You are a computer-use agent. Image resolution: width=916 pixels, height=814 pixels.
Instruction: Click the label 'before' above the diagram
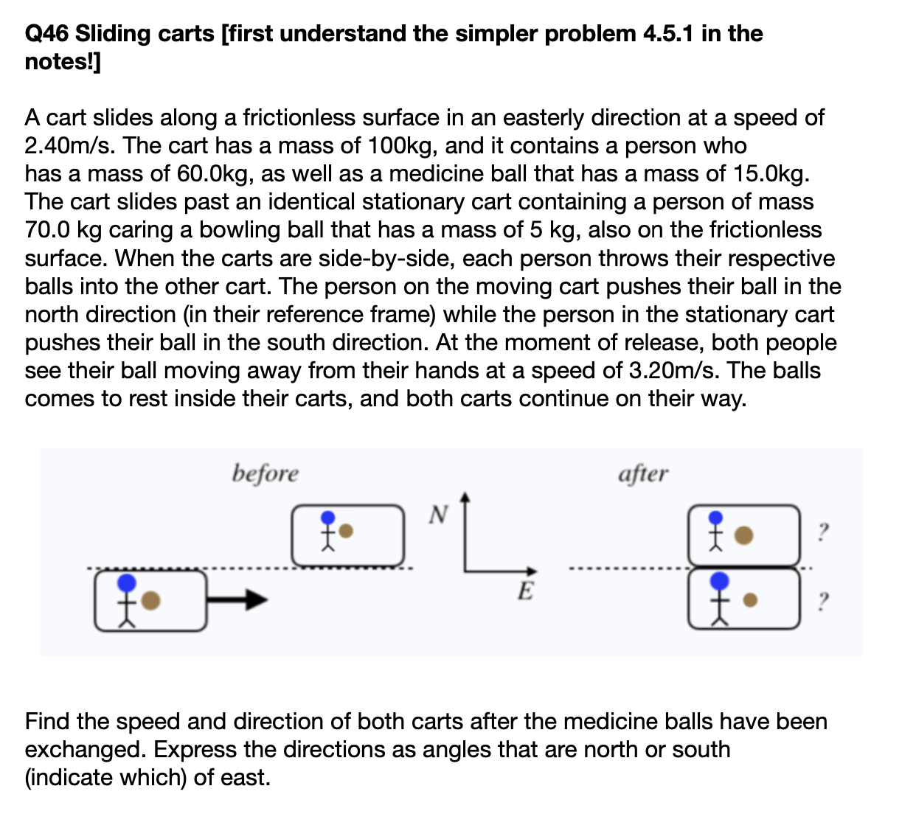pyautogui.click(x=266, y=473)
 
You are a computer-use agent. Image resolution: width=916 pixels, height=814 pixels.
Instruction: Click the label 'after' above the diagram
pyautogui.click(x=643, y=473)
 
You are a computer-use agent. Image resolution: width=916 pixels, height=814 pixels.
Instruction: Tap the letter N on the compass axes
pyautogui.click(x=437, y=513)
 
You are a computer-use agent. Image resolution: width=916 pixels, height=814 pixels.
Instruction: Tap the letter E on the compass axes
pyautogui.click(x=524, y=591)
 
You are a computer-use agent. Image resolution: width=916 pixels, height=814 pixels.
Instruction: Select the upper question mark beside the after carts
pyautogui.click(x=824, y=531)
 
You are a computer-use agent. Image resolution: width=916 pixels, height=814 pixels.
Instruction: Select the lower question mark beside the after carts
pyautogui.click(x=824, y=600)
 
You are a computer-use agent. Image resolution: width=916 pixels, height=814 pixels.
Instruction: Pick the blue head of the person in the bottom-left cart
pyautogui.click(x=128, y=583)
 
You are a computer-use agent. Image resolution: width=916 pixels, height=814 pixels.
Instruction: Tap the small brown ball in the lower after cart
pyautogui.click(x=749, y=600)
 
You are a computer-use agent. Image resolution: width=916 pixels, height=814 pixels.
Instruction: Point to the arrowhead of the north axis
pyautogui.click(x=465, y=498)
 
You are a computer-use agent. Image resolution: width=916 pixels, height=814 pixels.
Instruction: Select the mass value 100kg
pyautogui.click(x=400, y=146)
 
